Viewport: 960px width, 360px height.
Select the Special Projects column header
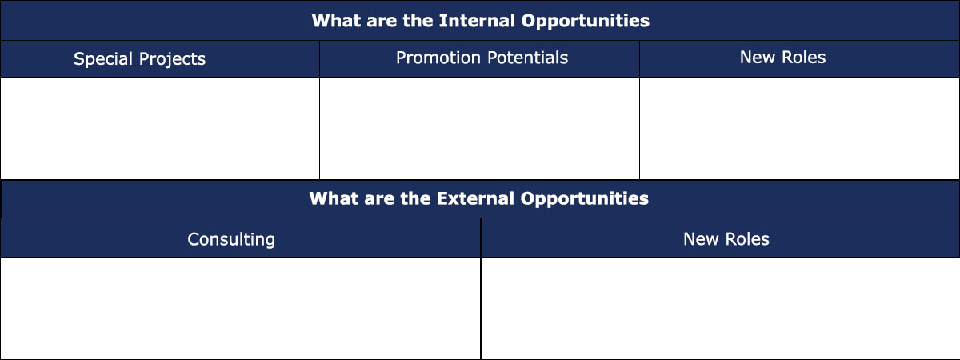click(160, 59)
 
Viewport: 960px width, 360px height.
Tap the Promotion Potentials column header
click(479, 59)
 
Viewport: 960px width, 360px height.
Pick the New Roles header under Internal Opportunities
click(799, 59)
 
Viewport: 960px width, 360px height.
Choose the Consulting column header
click(241, 238)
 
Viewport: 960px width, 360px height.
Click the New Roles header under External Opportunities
click(720, 238)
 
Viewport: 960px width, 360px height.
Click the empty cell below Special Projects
click(160, 128)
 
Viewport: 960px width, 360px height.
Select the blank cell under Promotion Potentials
click(479, 128)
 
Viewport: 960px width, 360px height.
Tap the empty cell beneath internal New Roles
click(799, 128)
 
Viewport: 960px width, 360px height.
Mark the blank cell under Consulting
click(241, 308)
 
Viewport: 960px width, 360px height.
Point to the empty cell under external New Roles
click(720, 308)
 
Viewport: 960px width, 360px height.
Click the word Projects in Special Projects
click(172, 59)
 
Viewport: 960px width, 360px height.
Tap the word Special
click(103, 59)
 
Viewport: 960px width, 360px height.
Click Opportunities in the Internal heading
click(586, 22)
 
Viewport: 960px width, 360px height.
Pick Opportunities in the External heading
click(585, 199)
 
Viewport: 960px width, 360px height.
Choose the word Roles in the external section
click(747, 239)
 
